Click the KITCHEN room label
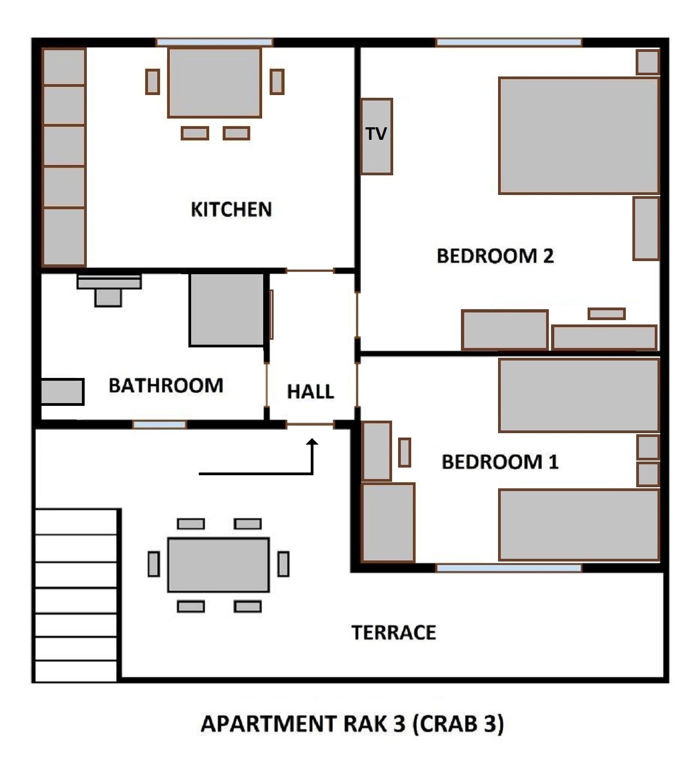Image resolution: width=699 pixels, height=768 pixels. click(x=231, y=209)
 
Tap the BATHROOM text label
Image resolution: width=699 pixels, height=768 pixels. click(x=166, y=386)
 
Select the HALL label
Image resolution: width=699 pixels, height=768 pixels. click(x=310, y=392)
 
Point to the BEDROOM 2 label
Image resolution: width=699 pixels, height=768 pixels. click(x=495, y=256)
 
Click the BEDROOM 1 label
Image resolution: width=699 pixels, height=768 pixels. click(x=500, y=462)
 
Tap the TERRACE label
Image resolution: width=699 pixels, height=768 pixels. click(x=394, y=633)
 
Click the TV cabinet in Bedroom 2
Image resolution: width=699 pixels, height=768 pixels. click(x=376, y=136)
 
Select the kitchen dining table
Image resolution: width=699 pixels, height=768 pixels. click(x=214, y=82)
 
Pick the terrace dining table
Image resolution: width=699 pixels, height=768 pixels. click(x=218, y=565)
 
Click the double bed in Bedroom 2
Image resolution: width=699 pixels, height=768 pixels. click(x=578, y=135)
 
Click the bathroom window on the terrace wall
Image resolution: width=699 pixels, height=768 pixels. click(x=159, y=424)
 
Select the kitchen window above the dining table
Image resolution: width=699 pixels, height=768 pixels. click(x=214, y=43)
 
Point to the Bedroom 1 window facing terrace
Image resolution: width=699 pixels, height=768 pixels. click(x=508, y=568)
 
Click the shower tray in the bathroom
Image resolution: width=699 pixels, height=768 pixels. click(x=227, y=310)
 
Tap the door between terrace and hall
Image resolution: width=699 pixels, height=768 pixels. click(x=310, y=424)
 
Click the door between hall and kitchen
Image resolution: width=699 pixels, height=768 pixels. click(x=310, y=270)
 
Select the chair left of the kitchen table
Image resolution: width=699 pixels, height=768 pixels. click(x=152, y=82)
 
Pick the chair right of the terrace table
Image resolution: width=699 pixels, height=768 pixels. click(x=283, y=564)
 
